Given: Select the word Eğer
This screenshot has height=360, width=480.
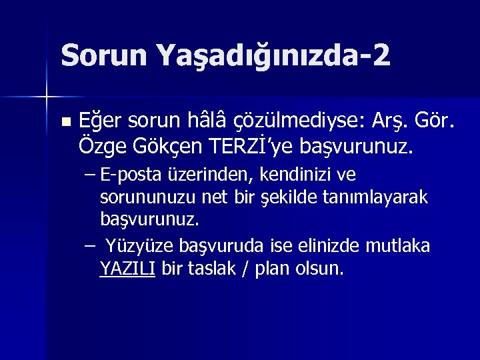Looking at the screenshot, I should tap(97, 121).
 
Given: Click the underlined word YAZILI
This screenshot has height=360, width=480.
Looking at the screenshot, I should tap(127, 269).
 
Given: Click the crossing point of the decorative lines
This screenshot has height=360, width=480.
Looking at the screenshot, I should tap(47, 97).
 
